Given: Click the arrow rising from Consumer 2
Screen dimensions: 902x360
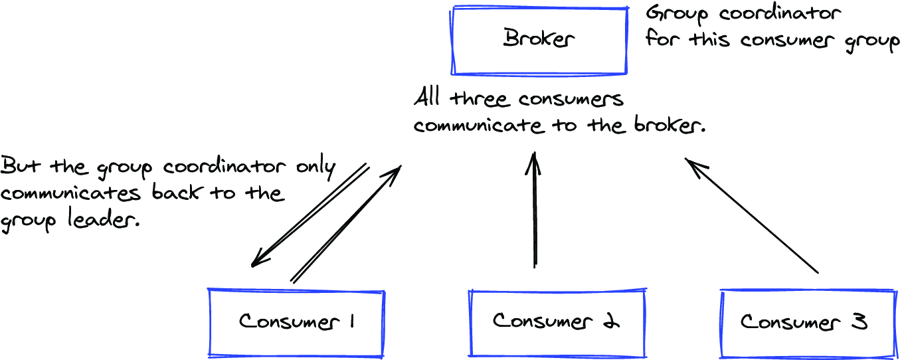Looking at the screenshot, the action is tap(534, 209).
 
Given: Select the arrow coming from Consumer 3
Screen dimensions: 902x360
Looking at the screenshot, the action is tap(751, 216).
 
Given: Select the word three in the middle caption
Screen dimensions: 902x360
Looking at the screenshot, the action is tap(478, 99).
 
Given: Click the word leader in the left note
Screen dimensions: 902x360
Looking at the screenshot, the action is tap(102, 219).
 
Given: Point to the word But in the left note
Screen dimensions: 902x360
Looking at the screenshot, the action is tap(20, 166).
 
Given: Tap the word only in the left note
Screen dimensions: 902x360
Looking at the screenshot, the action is tap(316, 168).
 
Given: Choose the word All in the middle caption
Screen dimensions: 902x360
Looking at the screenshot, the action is tap(426, 98).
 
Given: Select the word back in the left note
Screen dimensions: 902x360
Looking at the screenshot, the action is tap(175, 192).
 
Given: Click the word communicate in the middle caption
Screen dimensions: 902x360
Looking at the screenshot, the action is tap(478, 126).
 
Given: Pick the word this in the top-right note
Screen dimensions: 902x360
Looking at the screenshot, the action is tap(709, 39).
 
